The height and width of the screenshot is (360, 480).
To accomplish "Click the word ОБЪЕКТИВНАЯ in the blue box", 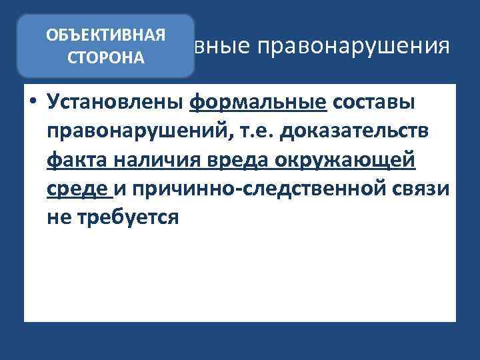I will [106, 35].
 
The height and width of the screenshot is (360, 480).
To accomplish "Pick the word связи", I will [420, 190].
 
